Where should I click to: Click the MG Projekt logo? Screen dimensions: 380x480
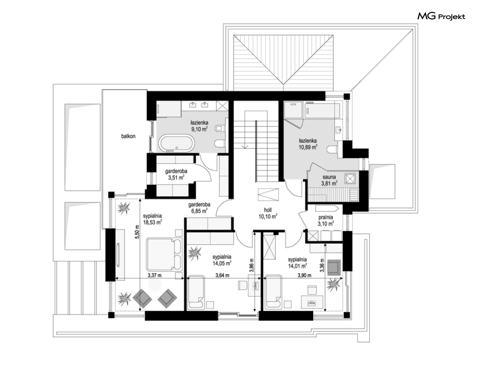click(x=441, y=16)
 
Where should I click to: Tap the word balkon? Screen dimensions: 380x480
click(x=128, y=136)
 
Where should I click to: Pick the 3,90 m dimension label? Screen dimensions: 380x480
click(x=304, y=275)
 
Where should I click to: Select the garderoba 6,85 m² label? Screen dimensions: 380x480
click(x=199, y=208)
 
